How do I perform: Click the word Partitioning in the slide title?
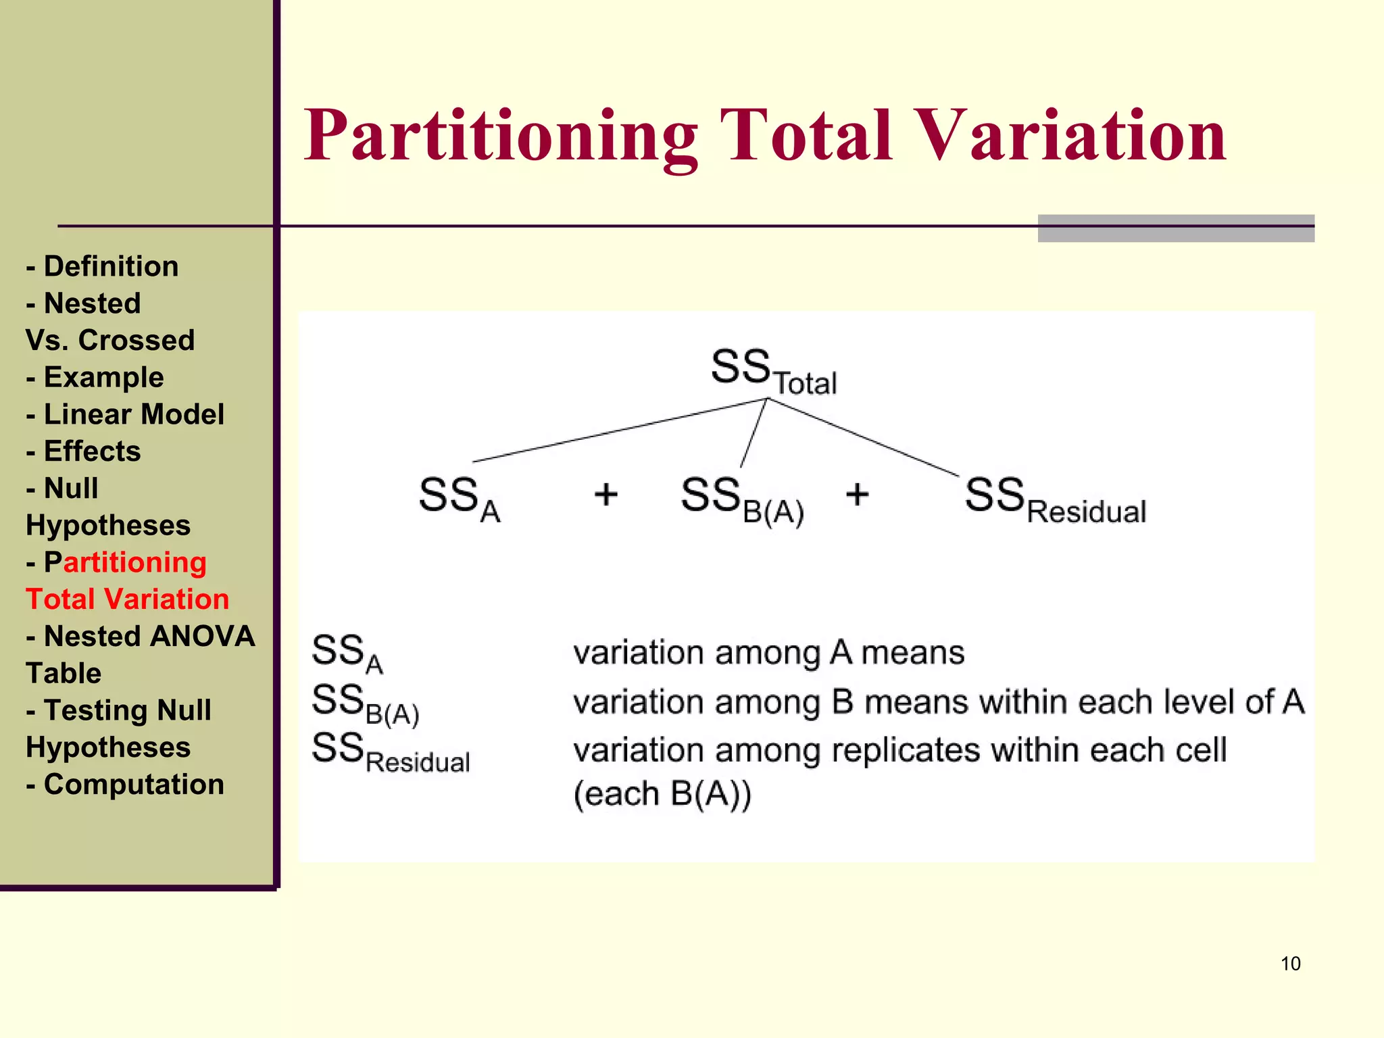click(x=500, y=137)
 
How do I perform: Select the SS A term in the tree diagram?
click(x=459, y=498)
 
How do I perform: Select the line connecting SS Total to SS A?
click(x=618, y=430)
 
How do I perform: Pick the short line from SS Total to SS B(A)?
click(x=753, y=433)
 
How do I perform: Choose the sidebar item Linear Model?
click(x=133, y=414)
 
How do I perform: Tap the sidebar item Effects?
click(x=92, y=451)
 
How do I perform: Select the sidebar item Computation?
click(x=133, y=785)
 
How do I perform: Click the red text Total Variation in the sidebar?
click(x=128, y=599)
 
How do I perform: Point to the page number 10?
click(x=1290, y=964)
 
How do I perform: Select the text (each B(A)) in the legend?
click(x=662, y=794)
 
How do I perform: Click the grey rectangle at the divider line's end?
click(x=1175, y=228)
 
